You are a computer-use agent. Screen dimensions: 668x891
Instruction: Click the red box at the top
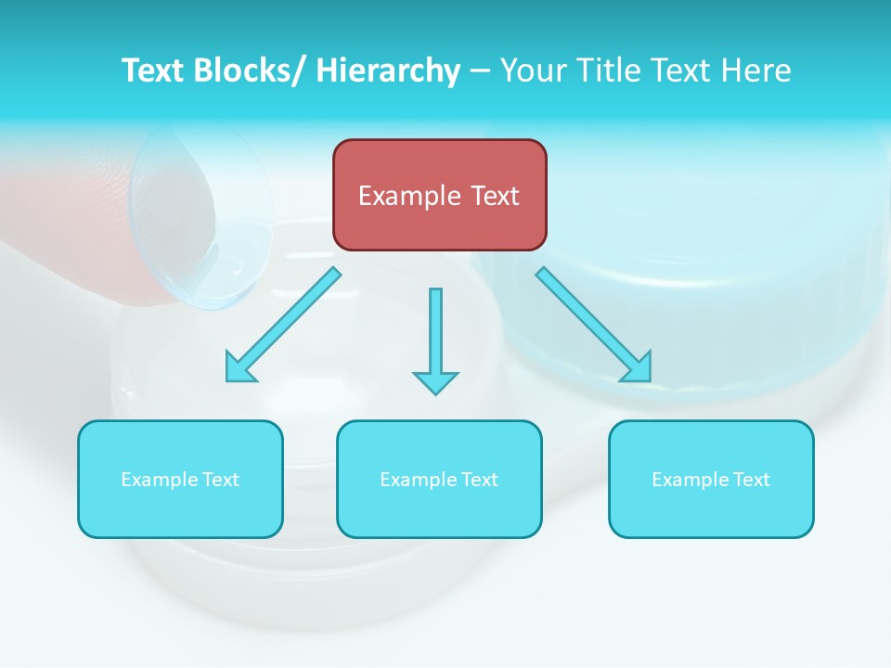[x=440, y=195]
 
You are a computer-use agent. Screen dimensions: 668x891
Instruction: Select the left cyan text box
[x=180, y=479]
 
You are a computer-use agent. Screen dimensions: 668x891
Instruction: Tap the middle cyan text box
[x=439, y=479]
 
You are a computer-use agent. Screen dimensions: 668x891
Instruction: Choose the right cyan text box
[x=711, y=479]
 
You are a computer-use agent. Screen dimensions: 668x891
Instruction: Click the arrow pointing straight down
[x=435, y=340]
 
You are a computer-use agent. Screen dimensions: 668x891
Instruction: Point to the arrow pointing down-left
[x=283, y=325]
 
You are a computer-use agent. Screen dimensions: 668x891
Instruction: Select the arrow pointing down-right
[x=594, y=325]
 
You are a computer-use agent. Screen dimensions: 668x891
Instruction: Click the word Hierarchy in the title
[x=388, y=71]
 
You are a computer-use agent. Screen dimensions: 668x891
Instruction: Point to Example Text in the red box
[x=439, y=196]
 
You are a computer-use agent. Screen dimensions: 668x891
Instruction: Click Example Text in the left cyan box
[x=180, y=480]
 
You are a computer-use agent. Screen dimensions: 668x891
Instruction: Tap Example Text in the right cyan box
[x=711, y=480]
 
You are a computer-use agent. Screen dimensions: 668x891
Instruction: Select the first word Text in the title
[x=152, y=71]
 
